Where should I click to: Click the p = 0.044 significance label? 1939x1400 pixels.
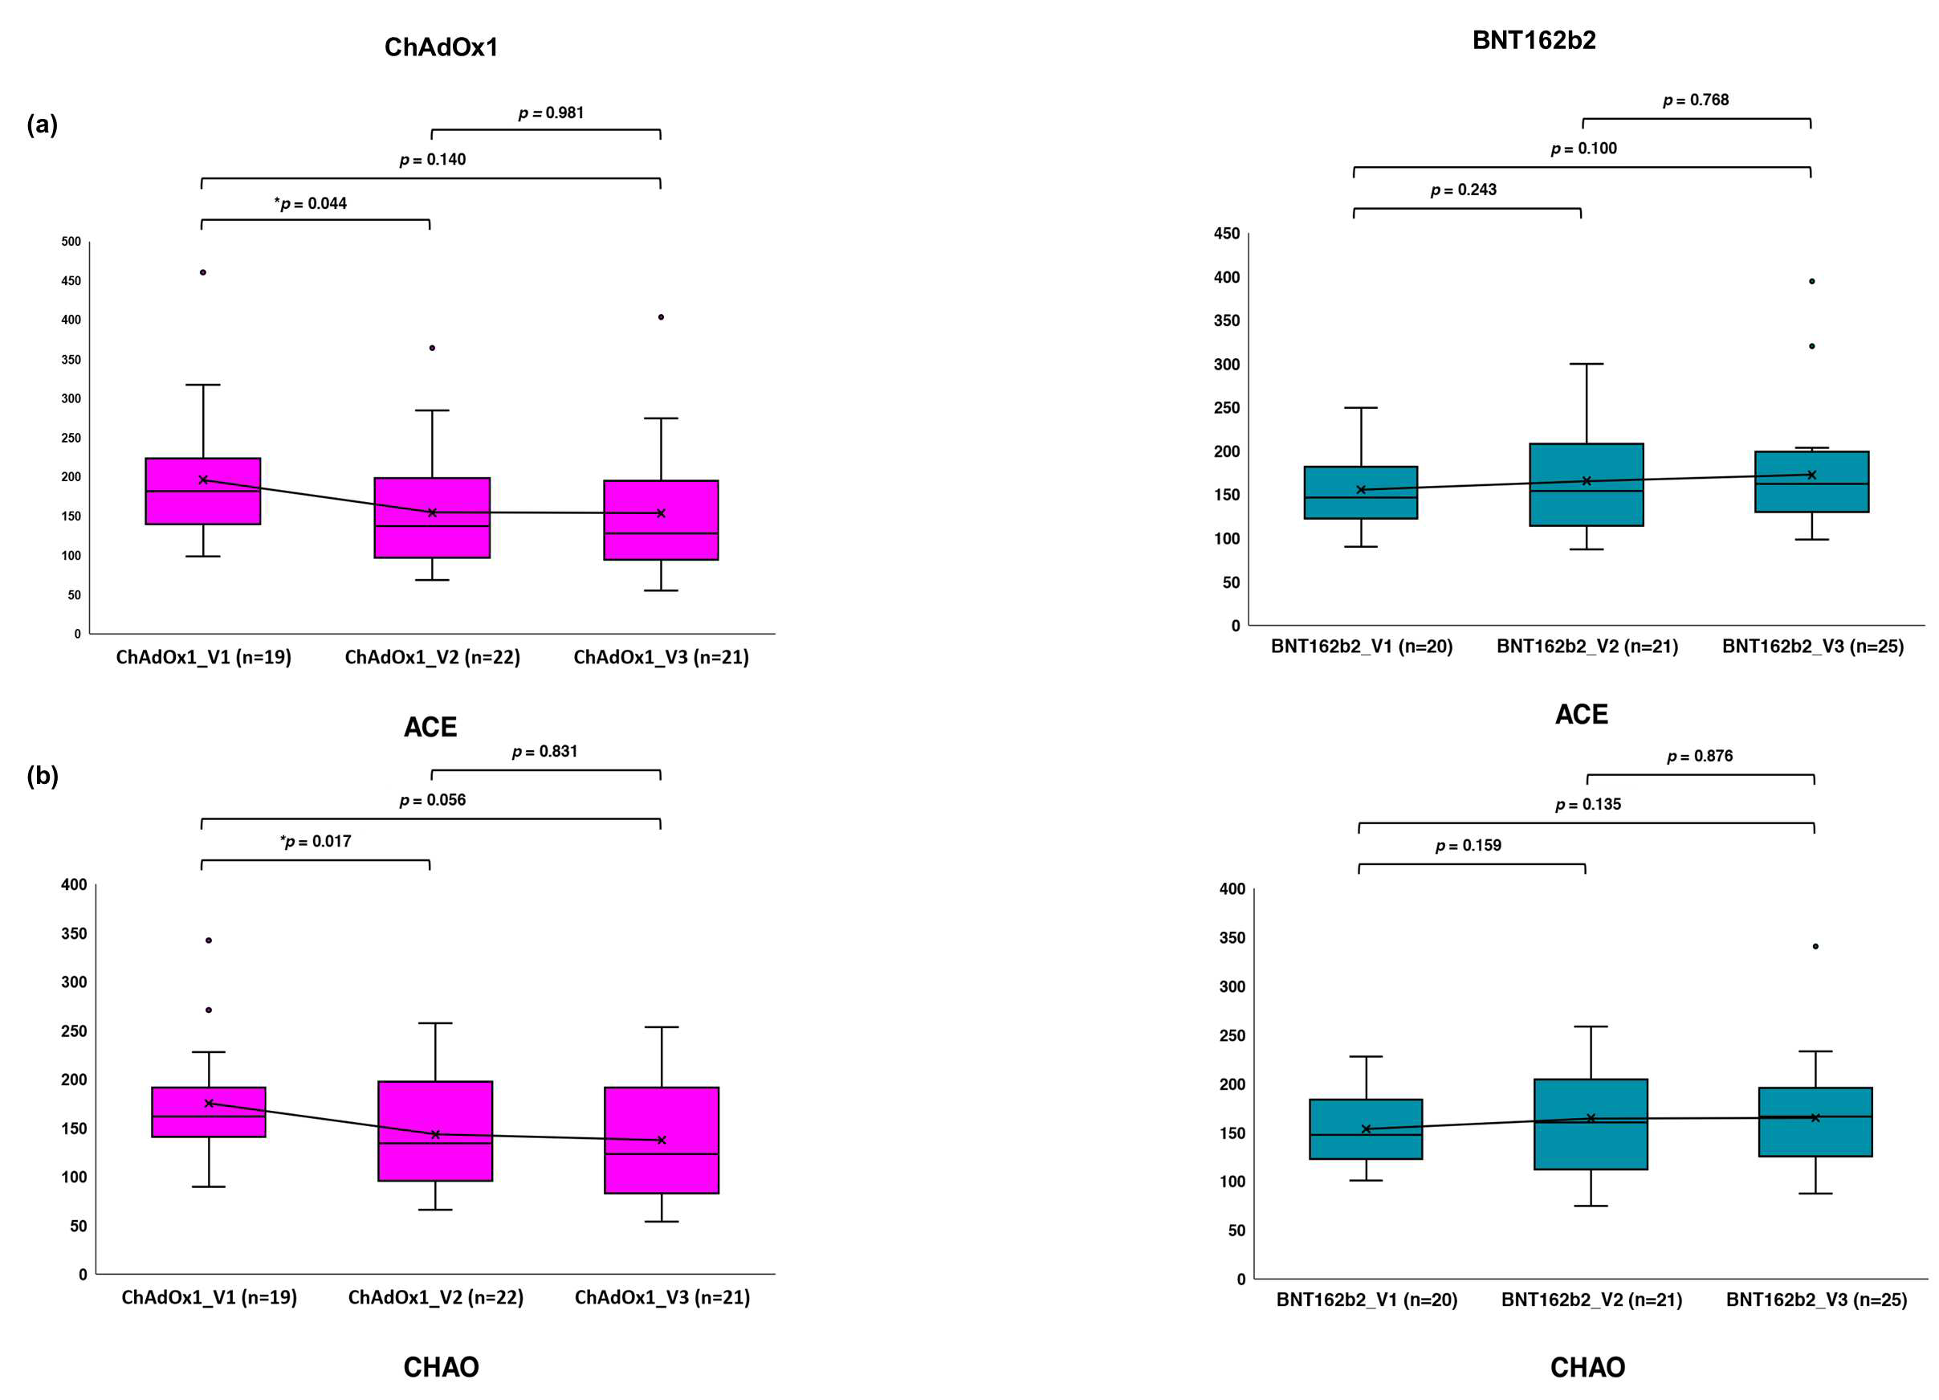point(311,203)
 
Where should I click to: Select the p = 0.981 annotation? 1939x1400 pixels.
point(552,113)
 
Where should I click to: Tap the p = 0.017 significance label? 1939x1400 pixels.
point(316,842)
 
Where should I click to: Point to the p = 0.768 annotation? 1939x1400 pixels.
point(1697,100)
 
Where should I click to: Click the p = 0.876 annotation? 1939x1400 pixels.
point(1701,756)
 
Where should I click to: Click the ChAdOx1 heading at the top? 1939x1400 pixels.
point(441,47)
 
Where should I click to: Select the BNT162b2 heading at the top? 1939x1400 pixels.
point(1534,40)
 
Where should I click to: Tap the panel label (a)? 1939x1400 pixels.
point(42,124)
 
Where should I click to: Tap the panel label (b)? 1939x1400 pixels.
point(42,776)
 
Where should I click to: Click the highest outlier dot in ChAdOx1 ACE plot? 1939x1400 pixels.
point(203,273)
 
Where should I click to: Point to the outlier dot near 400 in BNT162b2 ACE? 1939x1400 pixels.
point(1811,281)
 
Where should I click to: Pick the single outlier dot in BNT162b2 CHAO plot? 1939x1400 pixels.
point(1816,946)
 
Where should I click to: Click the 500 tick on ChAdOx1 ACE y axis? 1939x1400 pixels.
point(71,242)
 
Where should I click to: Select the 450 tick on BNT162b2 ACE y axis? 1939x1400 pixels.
point(1227,234)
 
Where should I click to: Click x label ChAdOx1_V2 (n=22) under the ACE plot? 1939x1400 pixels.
point(433,657)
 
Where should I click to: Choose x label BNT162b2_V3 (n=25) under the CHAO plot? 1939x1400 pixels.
point(1817,1300)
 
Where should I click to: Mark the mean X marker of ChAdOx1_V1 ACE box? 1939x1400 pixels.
point(203,480)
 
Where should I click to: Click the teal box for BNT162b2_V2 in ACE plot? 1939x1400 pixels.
point(1587,485)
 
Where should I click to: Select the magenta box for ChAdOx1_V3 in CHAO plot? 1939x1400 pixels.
point(662,1140)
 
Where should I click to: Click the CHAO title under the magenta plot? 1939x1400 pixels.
point(441,1368)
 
